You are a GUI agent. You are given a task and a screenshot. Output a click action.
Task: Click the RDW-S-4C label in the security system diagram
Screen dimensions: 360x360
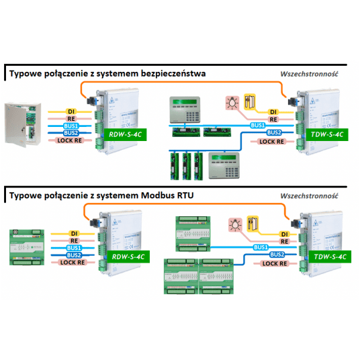pyautogui.click(x=124, y=134)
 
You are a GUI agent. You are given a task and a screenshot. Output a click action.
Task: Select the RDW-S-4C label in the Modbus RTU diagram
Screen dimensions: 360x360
pyautogui.click(x=124, y=257)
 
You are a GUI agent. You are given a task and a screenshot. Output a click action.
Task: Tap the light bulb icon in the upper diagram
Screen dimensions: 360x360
pyautogui.click(x=232, y=101)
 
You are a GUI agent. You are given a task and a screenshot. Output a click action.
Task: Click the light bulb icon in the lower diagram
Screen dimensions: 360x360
pyautogui.click(x=232, y=224)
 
